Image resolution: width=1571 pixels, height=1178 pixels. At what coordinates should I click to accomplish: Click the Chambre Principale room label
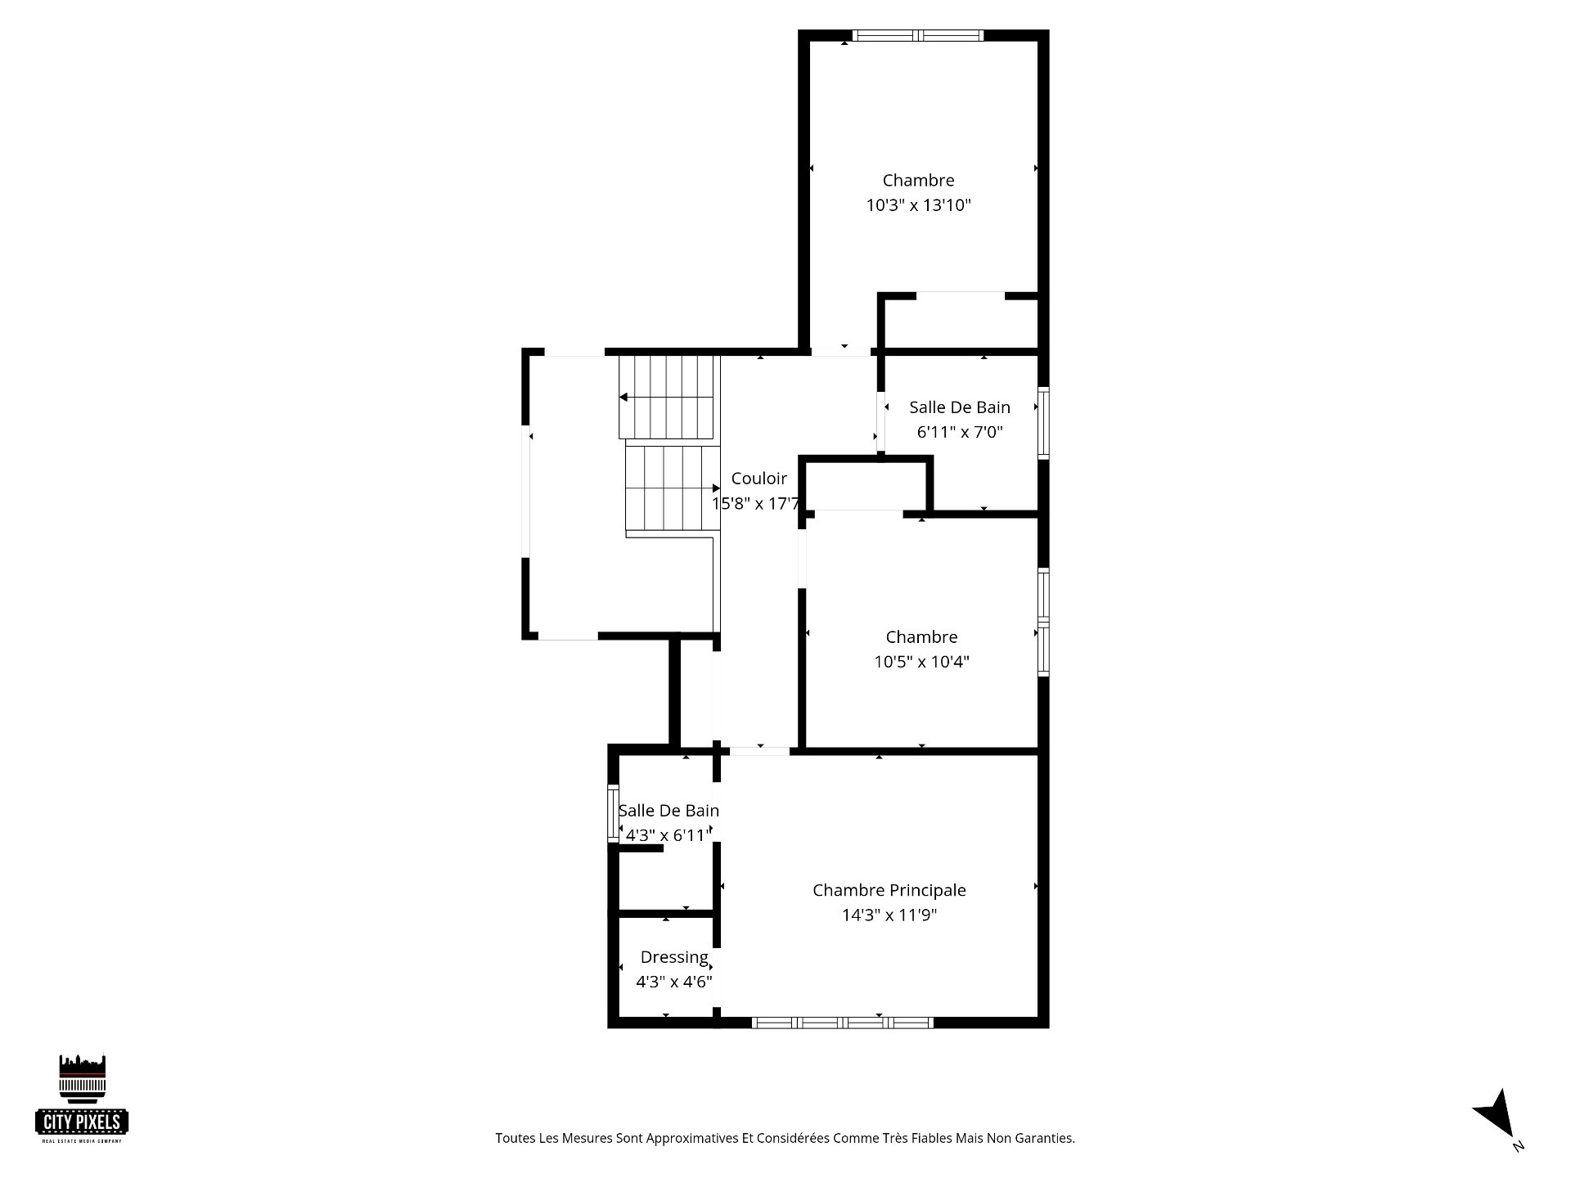pyautogui.click(x=889, y=890)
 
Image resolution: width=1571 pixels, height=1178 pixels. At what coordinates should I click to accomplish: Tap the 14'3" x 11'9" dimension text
pyautogui.click(x=889, y=915)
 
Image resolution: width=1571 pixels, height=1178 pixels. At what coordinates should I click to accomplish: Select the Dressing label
pyautogui.click(x=674, y=958)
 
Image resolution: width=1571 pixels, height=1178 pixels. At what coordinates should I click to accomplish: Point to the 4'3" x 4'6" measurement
pyautogui.click(x=674, y=982)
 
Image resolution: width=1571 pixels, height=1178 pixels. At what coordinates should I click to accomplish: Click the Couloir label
pyautogui.click(x=758, y=479)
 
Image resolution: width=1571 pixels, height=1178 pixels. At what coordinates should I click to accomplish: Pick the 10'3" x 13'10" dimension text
pyautogui.click(x=918, y=205)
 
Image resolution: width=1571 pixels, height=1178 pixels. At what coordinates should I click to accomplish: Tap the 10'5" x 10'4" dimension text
pyautogui.click(x=921, y=661)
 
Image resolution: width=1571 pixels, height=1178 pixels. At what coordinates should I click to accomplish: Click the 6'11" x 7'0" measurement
pyautogui.click(x=959, y=431)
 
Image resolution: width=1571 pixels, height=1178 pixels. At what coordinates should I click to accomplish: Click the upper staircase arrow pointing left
pyautogui.click(x=667, y=398)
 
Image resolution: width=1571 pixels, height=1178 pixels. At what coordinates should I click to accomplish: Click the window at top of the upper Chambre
pyautogui.click(x=917, y=35)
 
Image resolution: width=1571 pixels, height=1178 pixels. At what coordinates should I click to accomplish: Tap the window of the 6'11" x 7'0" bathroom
pyautogui.click(x=1043, y=422)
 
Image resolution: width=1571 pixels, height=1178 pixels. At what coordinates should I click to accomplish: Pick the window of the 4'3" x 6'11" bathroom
pyautogui.click(x=613, y=813)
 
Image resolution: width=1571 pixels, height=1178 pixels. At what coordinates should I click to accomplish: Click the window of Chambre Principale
pyautogui.click(x=842, y=1022)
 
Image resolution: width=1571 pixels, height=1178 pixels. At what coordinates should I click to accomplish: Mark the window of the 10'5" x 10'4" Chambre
pyautogui.click(x=1043, y=622)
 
